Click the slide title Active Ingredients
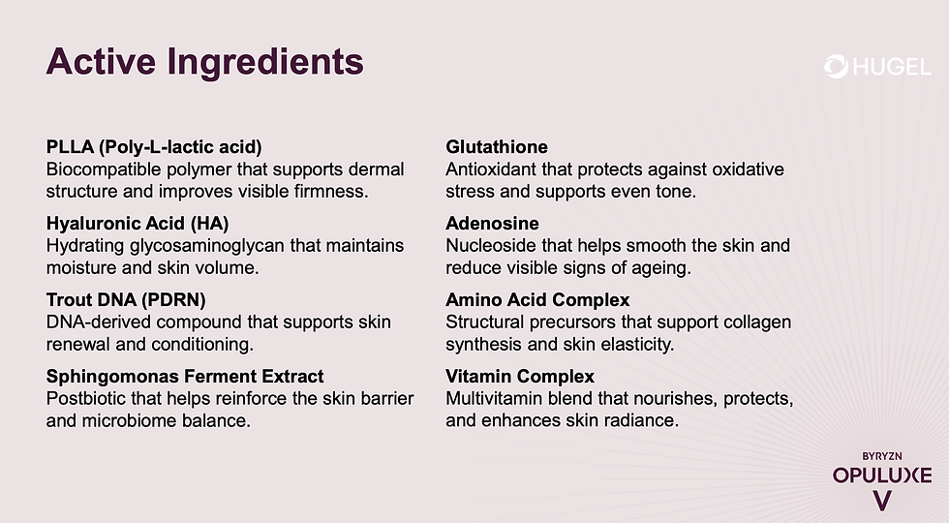[204, 63]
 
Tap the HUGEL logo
[877, 67]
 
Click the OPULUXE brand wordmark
[882, 476]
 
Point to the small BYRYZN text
[882, 456]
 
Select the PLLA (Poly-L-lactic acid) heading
[154, 147]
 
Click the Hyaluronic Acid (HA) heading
[138, 224]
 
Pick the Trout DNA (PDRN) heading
[126, 299]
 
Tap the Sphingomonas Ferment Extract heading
[185, 376]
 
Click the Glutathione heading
[496, 146]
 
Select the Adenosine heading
[492, 224]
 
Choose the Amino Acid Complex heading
[537, 299]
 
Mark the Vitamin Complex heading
[520, 376]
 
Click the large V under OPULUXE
[882, 501]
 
